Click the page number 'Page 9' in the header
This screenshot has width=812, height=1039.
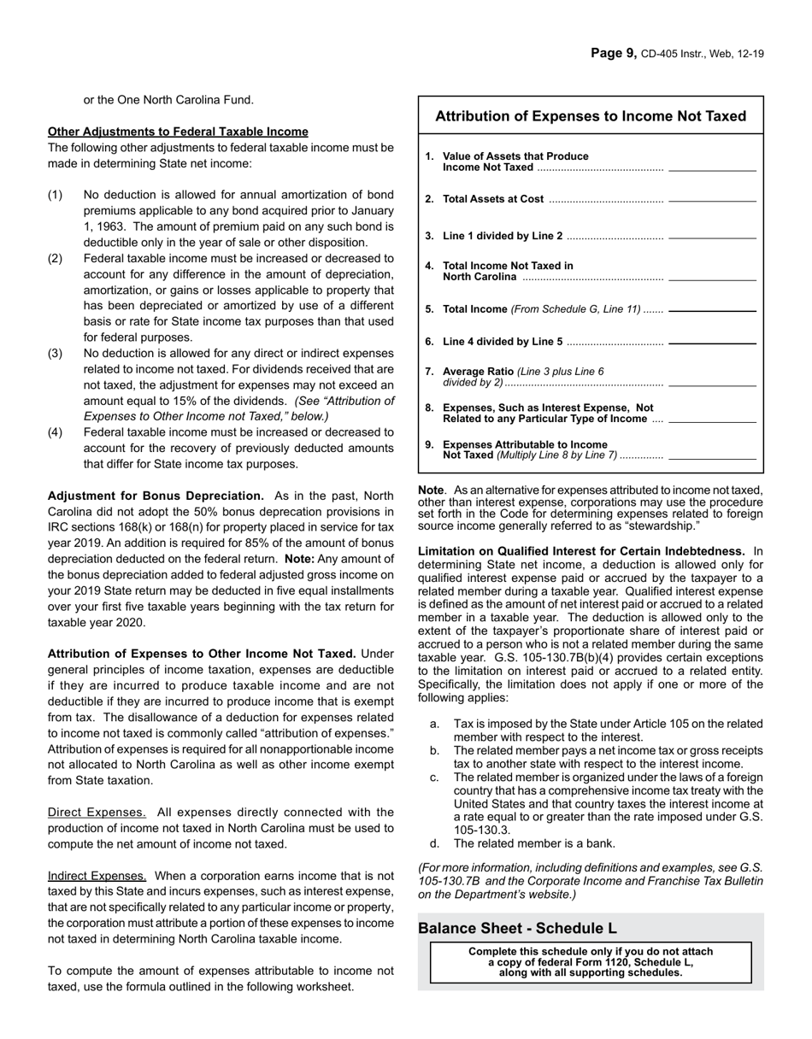coord(613,54)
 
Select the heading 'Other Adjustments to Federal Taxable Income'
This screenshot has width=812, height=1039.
coord(178,132)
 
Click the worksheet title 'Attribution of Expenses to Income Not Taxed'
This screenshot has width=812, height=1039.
coord(591,116)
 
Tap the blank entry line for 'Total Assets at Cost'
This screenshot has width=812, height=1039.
coord(712,200)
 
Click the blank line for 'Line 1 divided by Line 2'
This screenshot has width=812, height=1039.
coord(712,237)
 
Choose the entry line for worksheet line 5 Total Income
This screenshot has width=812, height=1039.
coord(712,310)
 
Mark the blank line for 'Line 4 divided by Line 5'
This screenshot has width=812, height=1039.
coord(712,343)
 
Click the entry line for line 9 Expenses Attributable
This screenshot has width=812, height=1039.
coord(712,458)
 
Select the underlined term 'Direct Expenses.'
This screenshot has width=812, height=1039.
coord(97,813)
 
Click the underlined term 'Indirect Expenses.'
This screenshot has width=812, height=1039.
coord(97,876)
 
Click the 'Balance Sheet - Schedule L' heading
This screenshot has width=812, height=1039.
coord(517,928)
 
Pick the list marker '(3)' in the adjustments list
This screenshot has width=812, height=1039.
coord(55,354)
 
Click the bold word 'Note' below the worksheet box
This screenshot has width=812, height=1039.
coord(431,490)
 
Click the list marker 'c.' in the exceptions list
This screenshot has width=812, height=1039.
coord(435,778)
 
